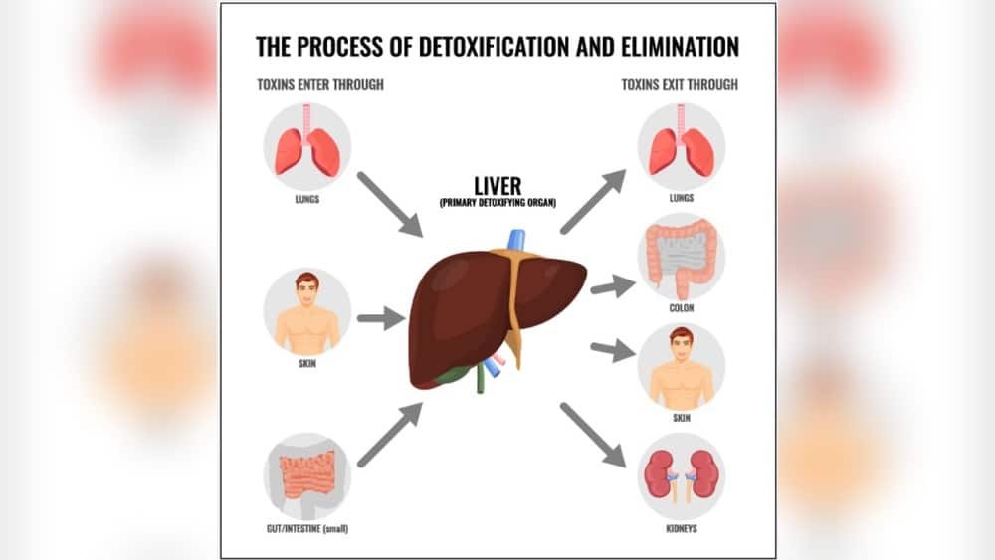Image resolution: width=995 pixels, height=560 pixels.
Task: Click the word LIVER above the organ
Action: click(497, 185)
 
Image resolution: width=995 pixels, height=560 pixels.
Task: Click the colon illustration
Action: click(682, 259)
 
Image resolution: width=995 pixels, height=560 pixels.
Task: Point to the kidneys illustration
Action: click(682, 474)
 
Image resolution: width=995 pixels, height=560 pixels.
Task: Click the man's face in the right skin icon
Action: click(682, 342)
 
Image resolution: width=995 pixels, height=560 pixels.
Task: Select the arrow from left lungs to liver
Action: click(389, 204)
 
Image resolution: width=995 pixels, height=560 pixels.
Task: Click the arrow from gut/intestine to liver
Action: click(389, 436)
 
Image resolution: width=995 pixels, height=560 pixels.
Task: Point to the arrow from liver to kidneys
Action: click(592, 435)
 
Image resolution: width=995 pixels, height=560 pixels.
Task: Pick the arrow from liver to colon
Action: click(612, 287)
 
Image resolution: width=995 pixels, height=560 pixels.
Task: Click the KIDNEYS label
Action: click(682, 528)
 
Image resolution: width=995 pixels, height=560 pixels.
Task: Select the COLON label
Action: click(682, 308)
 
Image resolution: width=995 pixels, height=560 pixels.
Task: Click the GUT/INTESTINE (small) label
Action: click(307, 528)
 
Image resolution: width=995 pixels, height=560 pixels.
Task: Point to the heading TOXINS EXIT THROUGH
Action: click(680, 85)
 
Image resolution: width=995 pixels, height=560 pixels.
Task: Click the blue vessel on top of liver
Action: click(516, 240)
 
